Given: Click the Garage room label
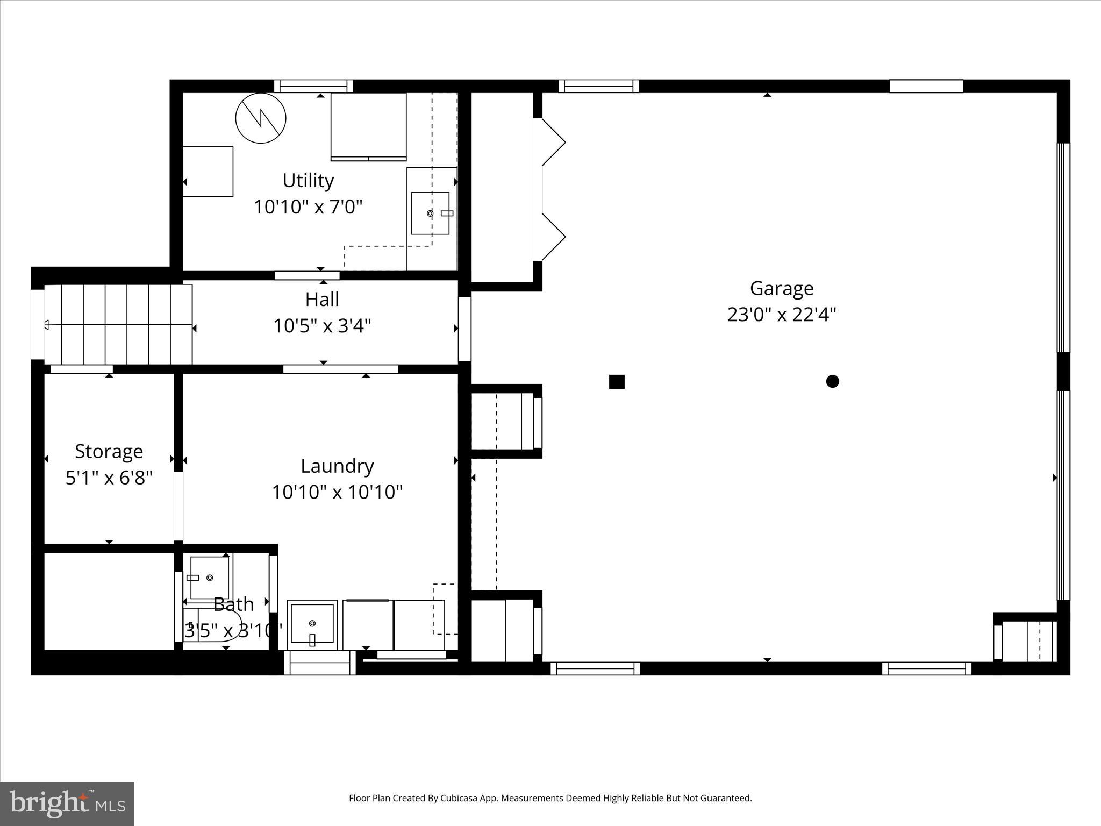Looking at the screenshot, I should coord(781,289).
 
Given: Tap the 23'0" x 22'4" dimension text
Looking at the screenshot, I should coord(781,315).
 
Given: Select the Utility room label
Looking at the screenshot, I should coord(308,181).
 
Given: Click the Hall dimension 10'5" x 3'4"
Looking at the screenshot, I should coord(322,326).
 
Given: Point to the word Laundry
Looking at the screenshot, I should coord(337,466).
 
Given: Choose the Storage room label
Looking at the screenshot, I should coord(109,452).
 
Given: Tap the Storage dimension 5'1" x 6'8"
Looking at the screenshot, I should coord(109,478).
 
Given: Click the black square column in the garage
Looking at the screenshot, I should coord(617,382).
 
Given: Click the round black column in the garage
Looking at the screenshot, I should coord(832,381).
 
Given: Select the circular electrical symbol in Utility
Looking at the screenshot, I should coord(261,118).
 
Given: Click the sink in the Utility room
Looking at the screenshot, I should coord(430,213).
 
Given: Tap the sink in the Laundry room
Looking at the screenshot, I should coord(312,624).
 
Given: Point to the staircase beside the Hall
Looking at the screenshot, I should coord(118,325).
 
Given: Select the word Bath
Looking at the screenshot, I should coord(233,604).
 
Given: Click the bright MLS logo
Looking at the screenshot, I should coord(67,803).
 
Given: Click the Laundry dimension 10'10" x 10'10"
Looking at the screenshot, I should coord(337,492).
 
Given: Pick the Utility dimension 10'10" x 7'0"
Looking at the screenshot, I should coord(308,207).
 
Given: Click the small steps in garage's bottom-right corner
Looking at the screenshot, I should coord(1027,641).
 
